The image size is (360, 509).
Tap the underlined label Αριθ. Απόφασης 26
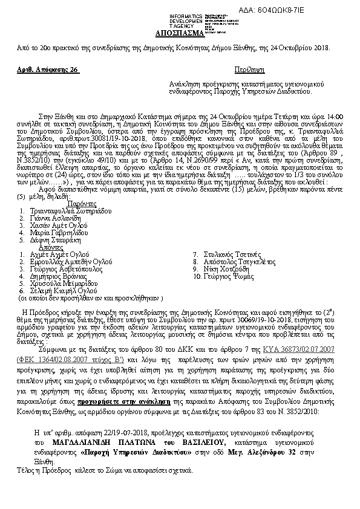click(48, 70)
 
